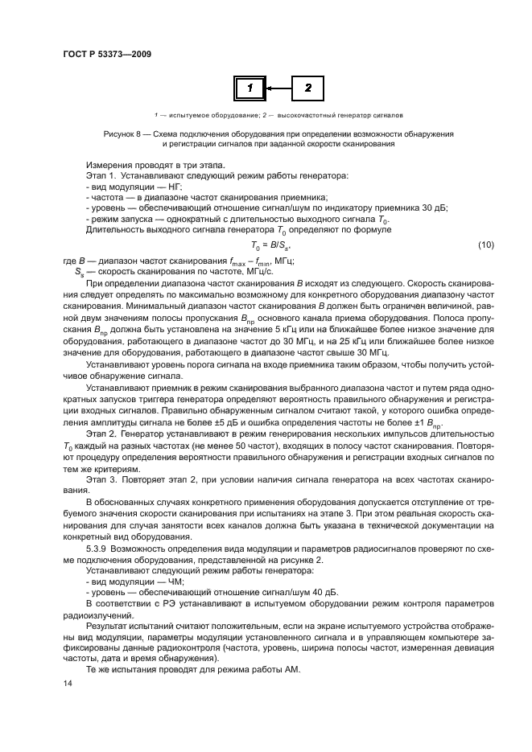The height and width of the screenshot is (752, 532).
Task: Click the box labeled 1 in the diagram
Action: point(250,87)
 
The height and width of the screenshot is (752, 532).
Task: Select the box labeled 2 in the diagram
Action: point(307,87)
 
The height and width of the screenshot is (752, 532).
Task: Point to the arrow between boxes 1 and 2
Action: point(278,87)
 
